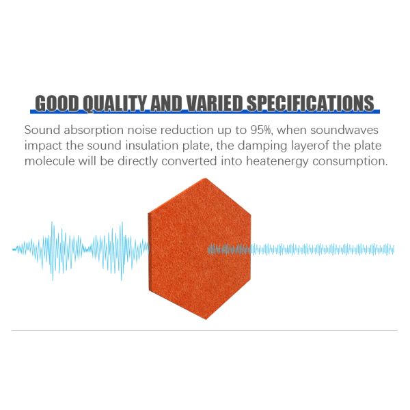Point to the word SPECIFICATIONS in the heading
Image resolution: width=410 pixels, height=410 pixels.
[310, 103]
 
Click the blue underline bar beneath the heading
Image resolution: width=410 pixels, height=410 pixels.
[205, 113]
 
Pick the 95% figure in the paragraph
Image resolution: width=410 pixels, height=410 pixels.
[245, 129]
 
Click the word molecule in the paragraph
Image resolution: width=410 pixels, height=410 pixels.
[50, 162]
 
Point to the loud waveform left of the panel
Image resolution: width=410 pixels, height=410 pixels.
[82, 249]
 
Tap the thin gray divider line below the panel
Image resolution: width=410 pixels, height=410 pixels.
[205, 330]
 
